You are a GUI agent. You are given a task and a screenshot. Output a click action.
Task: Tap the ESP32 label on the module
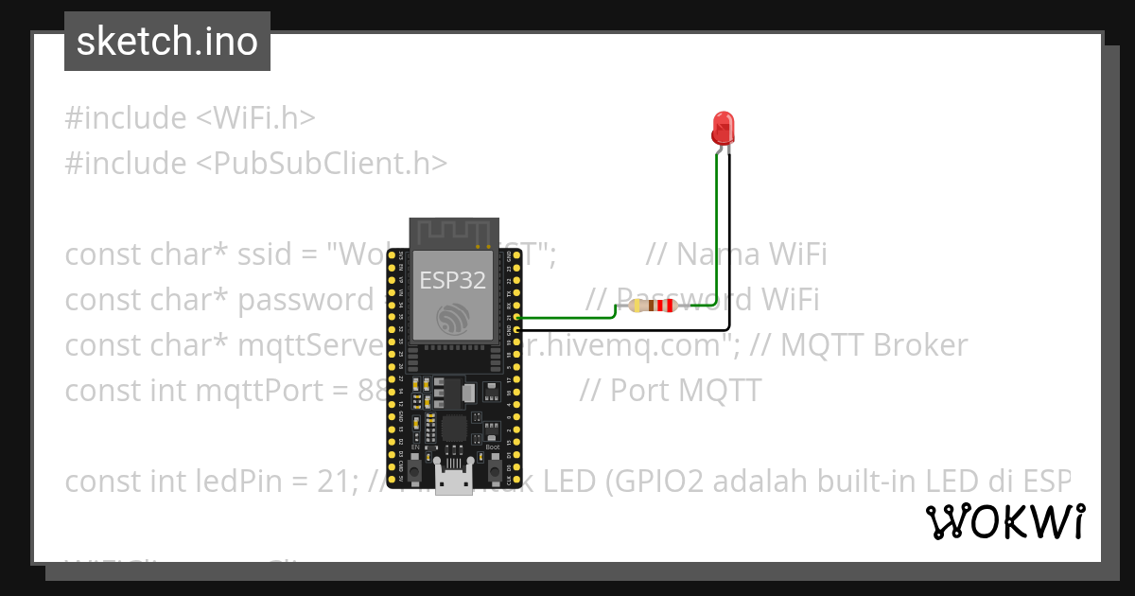pyautogui.click(x=453, y=280)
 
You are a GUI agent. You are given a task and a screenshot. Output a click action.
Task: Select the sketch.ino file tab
pyautogui.click(x=167, y=42)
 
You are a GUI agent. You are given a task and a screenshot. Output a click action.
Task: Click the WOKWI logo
pyautogui.click(x=1004, y=521)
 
